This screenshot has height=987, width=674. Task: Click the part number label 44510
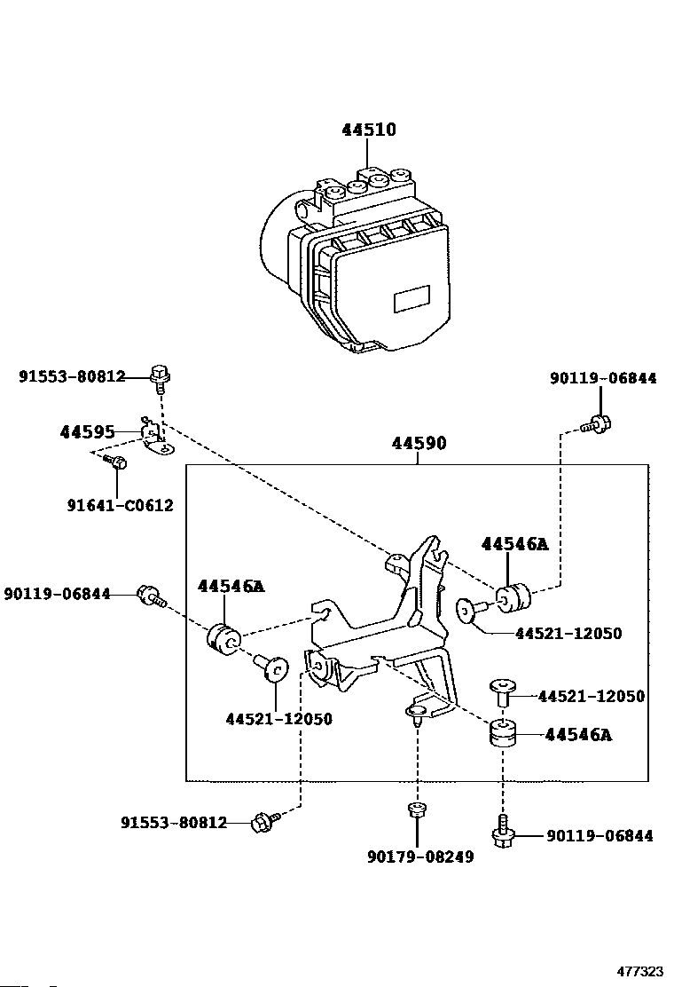(368, 130)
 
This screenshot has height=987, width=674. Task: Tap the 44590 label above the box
(419, 443)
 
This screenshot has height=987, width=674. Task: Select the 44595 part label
(88, 432)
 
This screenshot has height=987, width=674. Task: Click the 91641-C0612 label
(120, 505)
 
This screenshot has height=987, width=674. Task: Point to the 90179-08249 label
(420, 857)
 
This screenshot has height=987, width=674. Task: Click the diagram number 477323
(639, 972)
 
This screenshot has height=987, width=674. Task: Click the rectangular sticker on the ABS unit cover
(411, 298)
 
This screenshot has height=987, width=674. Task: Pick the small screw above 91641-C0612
(114, 462)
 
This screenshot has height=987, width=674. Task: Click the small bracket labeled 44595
(155, 436)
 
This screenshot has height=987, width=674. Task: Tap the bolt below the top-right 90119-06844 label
(597, 423)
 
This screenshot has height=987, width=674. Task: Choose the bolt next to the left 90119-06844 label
(151, 596)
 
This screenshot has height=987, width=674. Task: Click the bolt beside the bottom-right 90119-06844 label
(502, 831)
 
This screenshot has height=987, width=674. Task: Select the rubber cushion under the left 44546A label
(223, 637)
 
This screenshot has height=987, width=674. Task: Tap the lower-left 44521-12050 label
(279, 719)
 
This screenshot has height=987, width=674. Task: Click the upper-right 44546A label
(515, 544)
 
